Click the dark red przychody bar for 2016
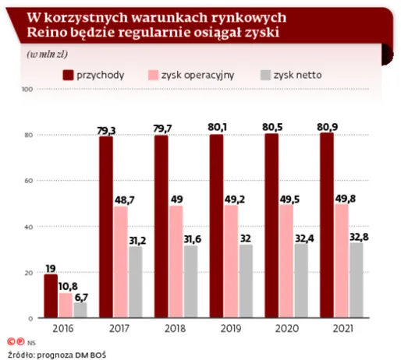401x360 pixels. pyautogui.click(x=51, y=296)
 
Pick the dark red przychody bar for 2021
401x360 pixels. pyautogui.click(x=327, y=225)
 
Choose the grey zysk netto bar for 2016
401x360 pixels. pyautogui.click(x=79, y=310)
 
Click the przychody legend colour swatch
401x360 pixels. pyautogui.click(x=67, y=76)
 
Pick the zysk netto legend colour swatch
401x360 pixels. pyautogui.click(x=267, y=76)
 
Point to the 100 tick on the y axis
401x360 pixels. pyautogui.click(x=27, y=90)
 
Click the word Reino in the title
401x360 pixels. pyautogui.click(x=45, y=33)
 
